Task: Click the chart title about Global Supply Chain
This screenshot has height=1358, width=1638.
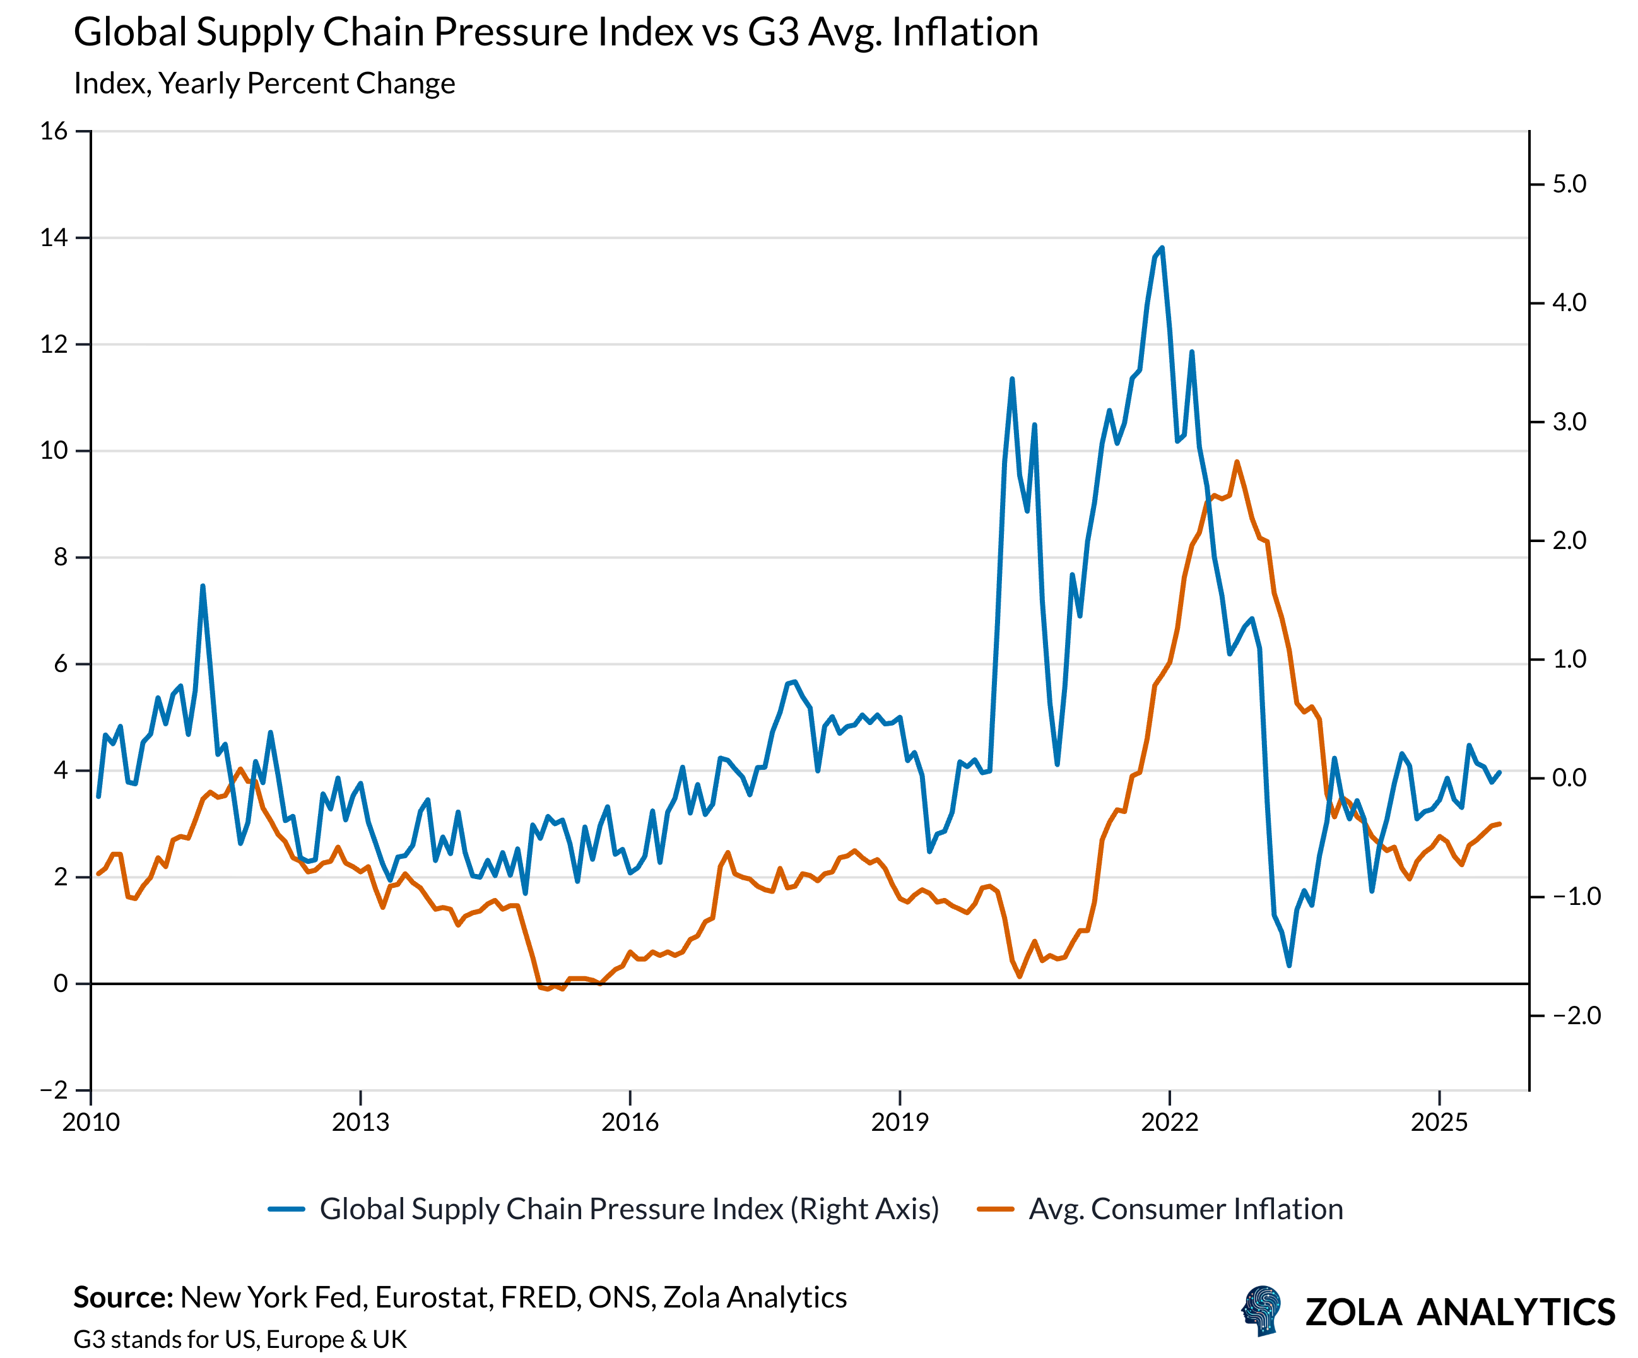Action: (x=555, y=33)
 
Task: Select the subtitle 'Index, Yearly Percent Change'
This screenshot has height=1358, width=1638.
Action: (x=264, y=83)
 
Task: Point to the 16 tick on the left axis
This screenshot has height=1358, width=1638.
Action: (x=54, y=131)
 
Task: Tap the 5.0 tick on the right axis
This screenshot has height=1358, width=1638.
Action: (x=1569, y=184)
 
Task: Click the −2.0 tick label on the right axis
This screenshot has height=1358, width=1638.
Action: (x=1576, y=1015)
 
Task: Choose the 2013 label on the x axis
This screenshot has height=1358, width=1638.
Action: (x=360, y=1123)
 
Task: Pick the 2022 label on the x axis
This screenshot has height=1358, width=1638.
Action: (x=1169, y=1123)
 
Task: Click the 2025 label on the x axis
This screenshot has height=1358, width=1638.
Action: (x=1439, y=1123)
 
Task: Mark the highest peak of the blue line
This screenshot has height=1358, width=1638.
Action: (x=1162, y=248)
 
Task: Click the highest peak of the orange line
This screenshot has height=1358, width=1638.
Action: (x=1236, y=462)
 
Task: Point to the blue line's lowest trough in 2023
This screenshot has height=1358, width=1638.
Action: (x=1289, y=965)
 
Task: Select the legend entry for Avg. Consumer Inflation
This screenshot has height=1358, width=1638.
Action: (x=1186, y=1209)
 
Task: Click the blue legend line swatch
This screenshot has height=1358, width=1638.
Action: (x=286, y=1210)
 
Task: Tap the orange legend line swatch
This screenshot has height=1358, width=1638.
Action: (x=995, y=1210)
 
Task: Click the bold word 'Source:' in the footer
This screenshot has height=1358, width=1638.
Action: (x=123, y=1297)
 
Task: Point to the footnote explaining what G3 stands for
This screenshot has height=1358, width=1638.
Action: (x=240, y=1339)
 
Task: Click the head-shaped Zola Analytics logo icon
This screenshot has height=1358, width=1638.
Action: (x=1261, y=1311)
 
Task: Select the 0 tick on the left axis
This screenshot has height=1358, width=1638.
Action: (x=61, y=984)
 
